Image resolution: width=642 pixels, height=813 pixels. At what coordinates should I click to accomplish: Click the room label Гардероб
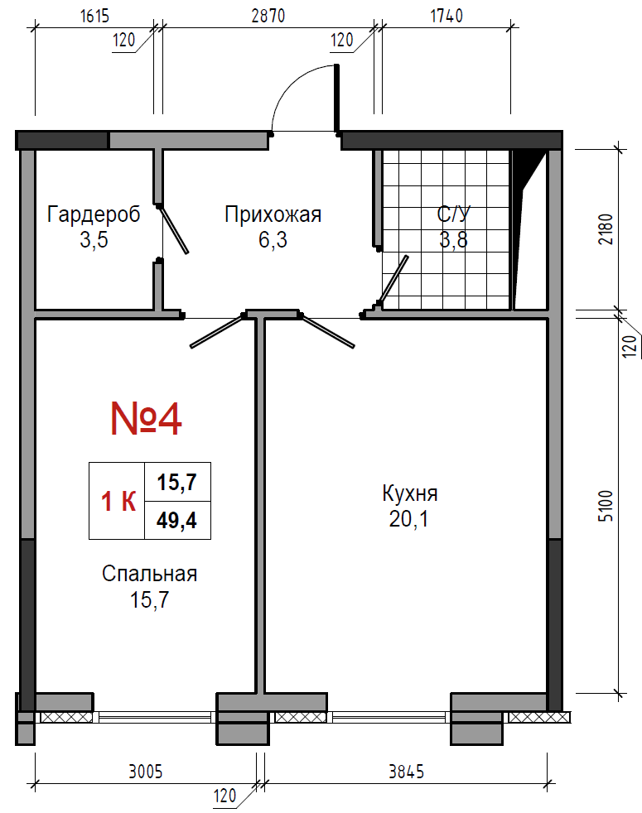[x=94, y=214]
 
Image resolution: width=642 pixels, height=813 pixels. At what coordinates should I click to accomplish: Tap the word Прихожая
[x=273, y=214]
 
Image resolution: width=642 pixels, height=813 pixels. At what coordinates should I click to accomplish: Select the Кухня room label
[x=410, y=493]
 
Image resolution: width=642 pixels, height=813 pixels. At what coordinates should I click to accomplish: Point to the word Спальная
[x=149, y=574]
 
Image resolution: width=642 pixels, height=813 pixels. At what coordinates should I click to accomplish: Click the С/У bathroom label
[x=454, y=214]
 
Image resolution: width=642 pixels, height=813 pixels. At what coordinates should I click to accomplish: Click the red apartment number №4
[x=147, y=418]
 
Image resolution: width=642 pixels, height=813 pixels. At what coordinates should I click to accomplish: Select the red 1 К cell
[x=118, y=502]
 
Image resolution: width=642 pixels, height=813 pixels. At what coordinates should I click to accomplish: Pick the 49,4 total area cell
[x=177, y=521]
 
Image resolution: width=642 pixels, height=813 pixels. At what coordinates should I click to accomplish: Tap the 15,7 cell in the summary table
[x=177, y=482]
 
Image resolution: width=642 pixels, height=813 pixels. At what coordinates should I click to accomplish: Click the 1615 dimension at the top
[x=95, y=16]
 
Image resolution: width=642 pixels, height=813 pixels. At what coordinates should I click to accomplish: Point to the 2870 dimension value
[x=268, y=16]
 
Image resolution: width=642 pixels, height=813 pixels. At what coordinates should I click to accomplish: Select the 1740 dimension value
[x=447, y=16]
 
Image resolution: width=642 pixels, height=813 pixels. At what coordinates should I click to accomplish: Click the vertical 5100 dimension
[x=606, y=506]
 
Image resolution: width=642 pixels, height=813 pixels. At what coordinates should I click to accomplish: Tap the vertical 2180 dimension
[x=606, y=229]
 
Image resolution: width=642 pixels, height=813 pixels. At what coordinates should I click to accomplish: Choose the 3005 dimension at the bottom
[x=146, y=772]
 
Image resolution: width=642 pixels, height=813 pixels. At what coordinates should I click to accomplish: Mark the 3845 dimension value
[x=407, y=772]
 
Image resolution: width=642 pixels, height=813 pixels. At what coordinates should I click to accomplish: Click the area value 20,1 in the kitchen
[x=409, y=518]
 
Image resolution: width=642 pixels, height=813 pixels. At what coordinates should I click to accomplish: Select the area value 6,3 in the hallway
[x=273, y=239]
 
